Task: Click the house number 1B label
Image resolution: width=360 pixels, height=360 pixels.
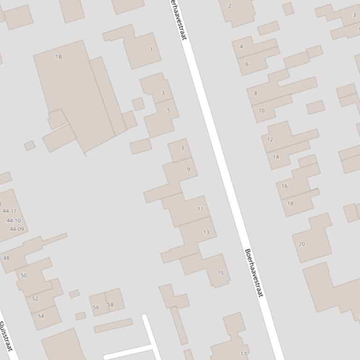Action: (59, 57)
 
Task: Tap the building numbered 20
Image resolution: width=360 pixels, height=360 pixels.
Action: (301, 244)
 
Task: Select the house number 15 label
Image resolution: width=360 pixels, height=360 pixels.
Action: (220, 273)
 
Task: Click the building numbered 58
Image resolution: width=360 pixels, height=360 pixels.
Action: (110, 304)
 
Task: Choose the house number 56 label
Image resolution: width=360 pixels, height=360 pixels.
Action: (96, 308)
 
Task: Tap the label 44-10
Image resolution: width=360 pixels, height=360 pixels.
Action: (14, 221)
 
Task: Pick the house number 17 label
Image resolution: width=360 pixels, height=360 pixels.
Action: (243, 354)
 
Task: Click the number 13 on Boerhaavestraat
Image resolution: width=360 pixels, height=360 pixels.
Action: (206, 232)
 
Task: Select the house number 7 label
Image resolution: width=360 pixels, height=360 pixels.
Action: (183, 149)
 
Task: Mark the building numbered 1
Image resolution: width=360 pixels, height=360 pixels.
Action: (151, 49)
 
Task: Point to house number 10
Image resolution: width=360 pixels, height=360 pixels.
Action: (261, 111)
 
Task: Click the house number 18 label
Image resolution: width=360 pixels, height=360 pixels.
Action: (290, 203)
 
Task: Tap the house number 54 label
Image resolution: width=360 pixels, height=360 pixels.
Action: (41, 316)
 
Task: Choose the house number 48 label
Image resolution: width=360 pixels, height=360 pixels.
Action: (6, 258)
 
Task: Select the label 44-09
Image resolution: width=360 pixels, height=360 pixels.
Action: (16, 229)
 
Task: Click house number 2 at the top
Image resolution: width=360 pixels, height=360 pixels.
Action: (229, 6)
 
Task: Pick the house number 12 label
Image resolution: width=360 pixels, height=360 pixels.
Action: (270, 139)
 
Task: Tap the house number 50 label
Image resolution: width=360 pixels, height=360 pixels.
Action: (23, 275)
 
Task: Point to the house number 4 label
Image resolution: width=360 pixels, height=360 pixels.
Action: (242, 47)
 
